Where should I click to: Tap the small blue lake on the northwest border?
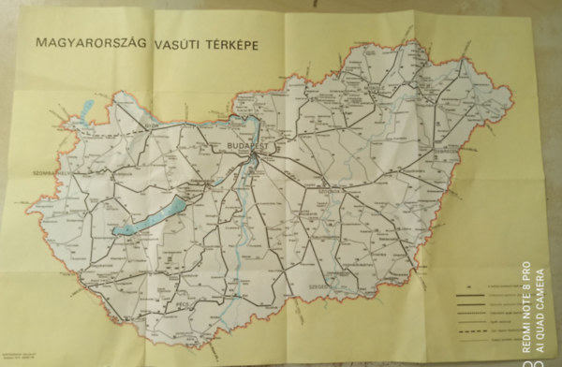click(86, 110)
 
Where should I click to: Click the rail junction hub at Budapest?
click(253, 161)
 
